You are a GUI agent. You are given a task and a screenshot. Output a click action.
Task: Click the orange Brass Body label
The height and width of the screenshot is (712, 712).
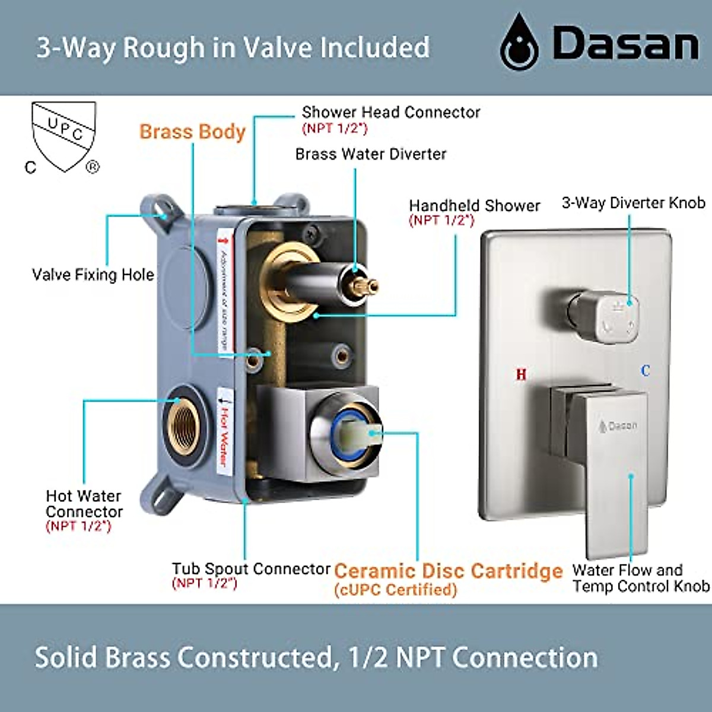click(192, 131)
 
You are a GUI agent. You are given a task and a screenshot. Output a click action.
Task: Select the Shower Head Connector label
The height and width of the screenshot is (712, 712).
click(390, 112)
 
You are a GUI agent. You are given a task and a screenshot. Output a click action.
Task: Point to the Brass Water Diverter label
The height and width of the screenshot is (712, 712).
click(370, 154)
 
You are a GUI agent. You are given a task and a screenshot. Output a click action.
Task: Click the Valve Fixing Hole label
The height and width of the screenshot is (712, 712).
click(93, 275)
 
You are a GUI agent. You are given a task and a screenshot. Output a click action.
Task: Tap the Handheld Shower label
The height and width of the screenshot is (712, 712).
click(474, 206)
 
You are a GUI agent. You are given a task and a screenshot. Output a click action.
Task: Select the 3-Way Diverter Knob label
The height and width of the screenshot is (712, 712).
click(633, 203)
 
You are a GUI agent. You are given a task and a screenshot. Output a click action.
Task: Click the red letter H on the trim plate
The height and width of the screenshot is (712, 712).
click(521, 374)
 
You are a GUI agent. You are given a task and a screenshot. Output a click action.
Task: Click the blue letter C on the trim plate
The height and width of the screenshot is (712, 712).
click(646, 371)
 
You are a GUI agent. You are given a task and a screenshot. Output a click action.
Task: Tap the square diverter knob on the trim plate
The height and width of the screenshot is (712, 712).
click(614, 314)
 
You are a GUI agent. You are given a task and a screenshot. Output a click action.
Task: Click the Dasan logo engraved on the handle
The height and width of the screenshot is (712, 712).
click(618, 425)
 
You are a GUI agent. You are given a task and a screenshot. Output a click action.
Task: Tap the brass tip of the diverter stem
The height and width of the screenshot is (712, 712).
click(364, 287)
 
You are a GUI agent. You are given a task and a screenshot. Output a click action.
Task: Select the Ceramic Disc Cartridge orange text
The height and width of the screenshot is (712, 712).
click(448, 571)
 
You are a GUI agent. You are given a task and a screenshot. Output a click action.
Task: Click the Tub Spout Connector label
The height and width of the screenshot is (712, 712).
click(251, 569)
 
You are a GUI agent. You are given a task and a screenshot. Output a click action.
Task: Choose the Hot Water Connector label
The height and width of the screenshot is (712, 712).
click(84, 504)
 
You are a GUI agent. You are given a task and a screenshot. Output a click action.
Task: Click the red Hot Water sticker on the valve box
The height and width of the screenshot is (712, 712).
click(225, 433)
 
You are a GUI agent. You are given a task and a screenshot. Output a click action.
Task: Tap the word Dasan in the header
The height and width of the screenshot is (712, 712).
click(625, 43)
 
